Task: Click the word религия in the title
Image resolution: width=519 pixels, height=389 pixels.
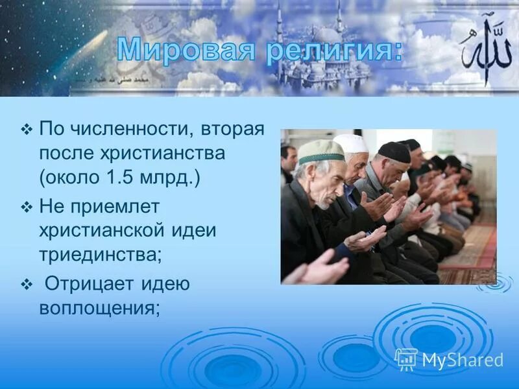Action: coord(332,49)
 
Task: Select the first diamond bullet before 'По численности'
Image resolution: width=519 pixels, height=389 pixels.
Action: coord(27,130)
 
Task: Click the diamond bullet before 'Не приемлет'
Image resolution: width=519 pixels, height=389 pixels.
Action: coord(27,207)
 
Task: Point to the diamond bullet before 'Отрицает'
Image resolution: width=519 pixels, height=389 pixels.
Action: coord(27,285)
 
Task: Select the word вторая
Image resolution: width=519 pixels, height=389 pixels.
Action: coord(230,129)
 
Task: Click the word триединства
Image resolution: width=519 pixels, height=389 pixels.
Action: coord(100,254)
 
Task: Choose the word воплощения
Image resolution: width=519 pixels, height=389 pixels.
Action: coord(100,308)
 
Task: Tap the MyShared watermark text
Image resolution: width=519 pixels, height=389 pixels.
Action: coord(463,360)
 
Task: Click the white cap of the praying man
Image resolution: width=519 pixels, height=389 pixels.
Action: coord(351,143)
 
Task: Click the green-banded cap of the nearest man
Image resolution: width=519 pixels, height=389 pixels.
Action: coord(321,152)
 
